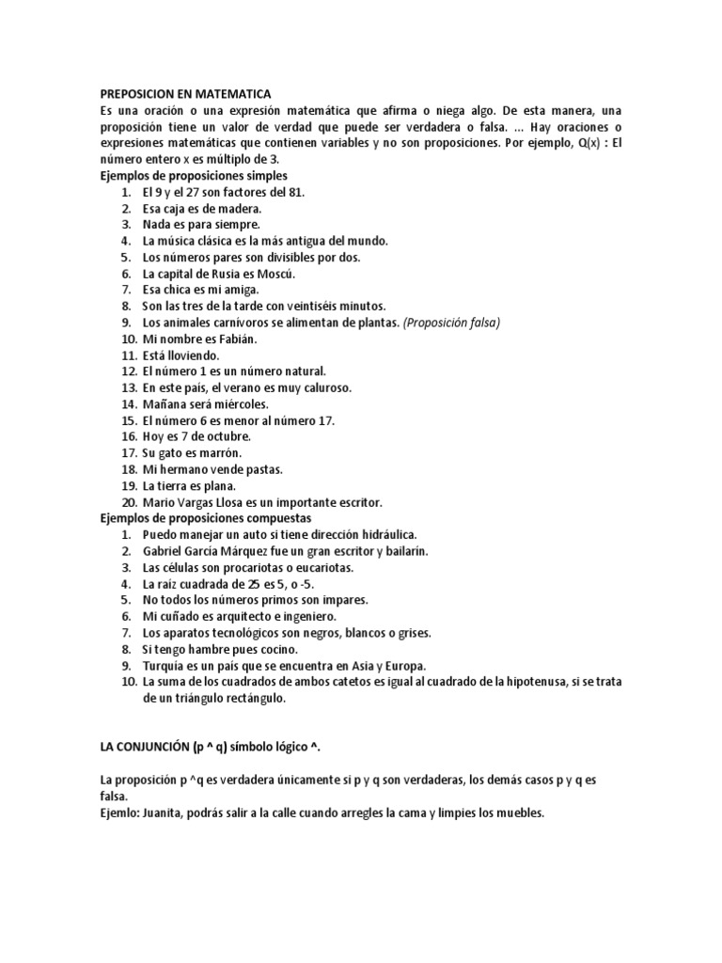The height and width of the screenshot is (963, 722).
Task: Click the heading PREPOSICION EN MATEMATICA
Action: pyautogui.click(x=185, y=94)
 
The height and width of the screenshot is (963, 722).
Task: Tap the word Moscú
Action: pyautogui.click(x=276, y=274)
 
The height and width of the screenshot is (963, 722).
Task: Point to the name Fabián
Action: pyautogui.click(x=236, y=339)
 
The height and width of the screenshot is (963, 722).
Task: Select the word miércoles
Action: pyautogui.click(x=226, y=404)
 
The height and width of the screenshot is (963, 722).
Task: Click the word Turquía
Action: pyautogui.click(x=164, y=666)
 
